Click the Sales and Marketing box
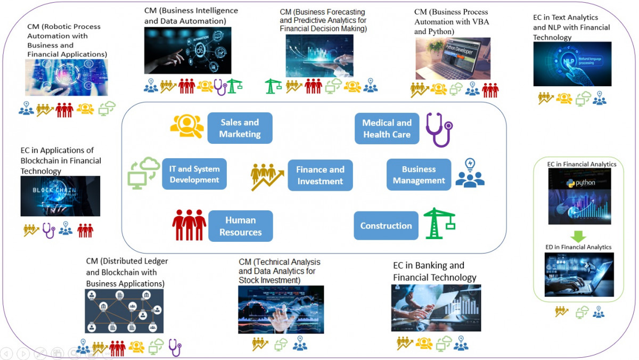pos(240,128)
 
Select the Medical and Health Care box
pos(387,128)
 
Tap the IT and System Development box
pos(194,174)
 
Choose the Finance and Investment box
pos(320,175)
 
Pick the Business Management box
pos(419,175)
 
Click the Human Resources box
pos(240,226)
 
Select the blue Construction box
pos(386,225)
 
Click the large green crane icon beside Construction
pos(439,223)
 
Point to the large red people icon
pos(189,224)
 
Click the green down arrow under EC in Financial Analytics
pos(578,235)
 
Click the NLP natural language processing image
pos(572,64)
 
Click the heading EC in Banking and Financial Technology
pos(435,271)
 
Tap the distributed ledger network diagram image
pos(124,311)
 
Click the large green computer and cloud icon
pos(143,173)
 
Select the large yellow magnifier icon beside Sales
pos(186,127)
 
